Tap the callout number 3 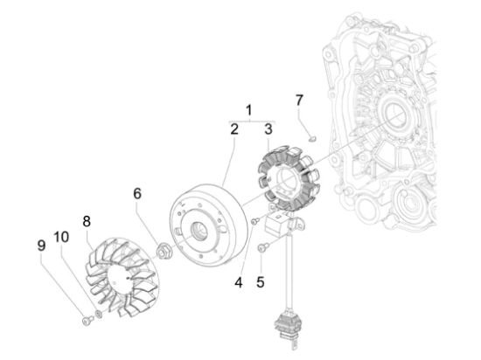(268, 129)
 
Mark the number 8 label (87, 222)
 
